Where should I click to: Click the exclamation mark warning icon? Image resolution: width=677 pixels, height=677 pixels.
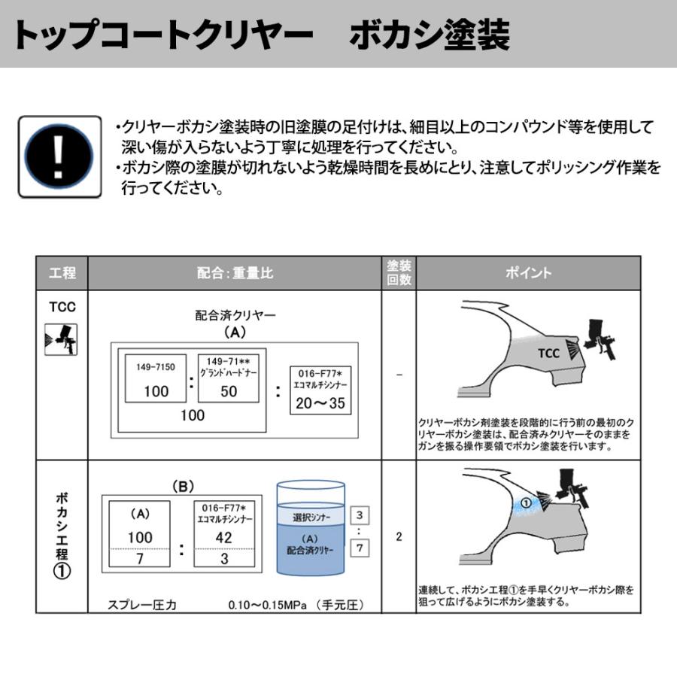point(59,156)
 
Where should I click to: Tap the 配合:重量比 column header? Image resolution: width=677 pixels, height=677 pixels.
point(235,273)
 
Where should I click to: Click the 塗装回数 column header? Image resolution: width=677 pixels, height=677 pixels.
point(399,273)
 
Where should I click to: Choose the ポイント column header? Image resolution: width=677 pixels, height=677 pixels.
point(528,273)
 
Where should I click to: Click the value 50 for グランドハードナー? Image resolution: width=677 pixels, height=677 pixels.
point(229,391)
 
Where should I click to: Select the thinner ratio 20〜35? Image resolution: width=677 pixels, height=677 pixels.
point(320,403)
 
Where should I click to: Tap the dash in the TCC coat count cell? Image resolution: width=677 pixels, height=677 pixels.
point(399,374)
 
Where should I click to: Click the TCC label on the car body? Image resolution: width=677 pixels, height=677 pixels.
point(548,354)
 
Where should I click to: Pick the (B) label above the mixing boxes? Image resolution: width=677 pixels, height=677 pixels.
point(183,487)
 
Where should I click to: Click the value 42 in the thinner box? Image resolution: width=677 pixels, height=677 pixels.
point(224,538)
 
